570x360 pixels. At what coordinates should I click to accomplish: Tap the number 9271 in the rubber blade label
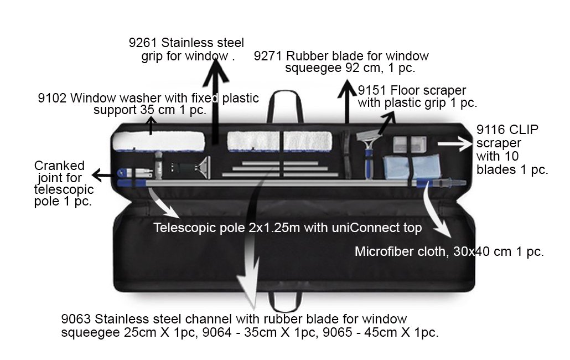click(x=267, y=56)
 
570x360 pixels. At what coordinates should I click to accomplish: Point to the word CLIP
click(x=523, y=130)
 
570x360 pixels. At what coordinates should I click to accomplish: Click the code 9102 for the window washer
click(x=52, y=99)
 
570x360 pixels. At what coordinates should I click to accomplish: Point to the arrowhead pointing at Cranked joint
click(x=95, y=176)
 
